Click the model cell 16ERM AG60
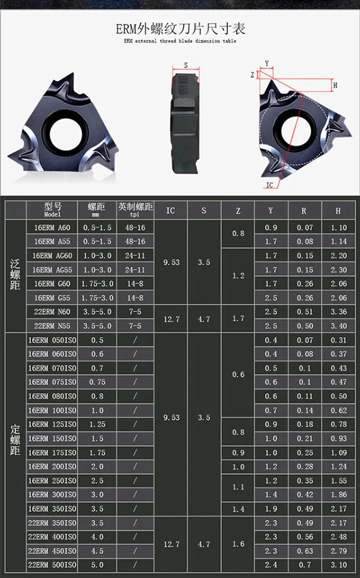[x=52, y=256]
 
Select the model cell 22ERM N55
[x=52, y=326]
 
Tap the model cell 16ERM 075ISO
[x=52, y=382]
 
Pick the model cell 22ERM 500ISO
[x=52, y=565]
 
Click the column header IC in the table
[x=170, y=210]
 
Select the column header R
[x=304, y=211]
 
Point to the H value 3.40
[x=339, y=326]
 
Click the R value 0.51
[x=305, y=312]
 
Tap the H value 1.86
[x=339, y=495]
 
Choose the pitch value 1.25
[x=97, y=424]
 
